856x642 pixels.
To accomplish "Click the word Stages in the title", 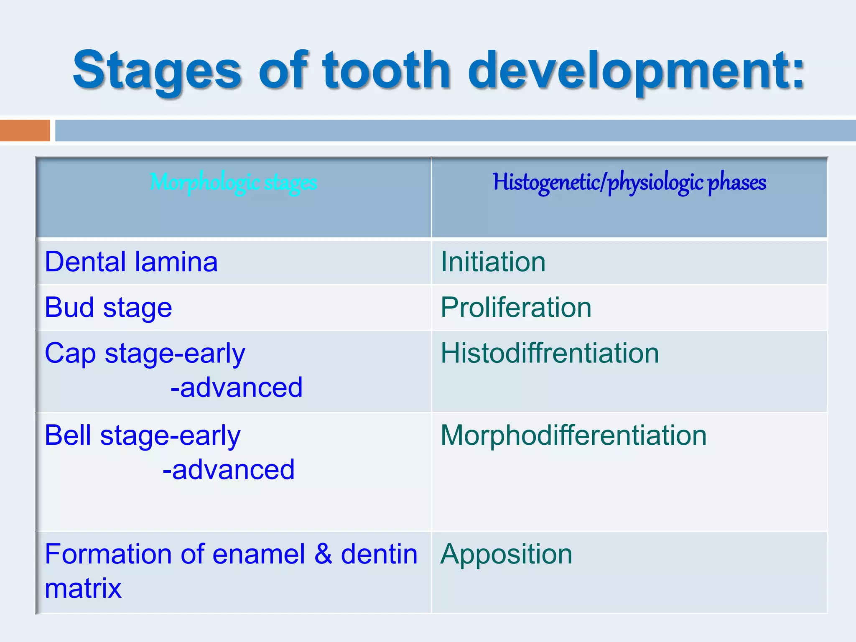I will tap(157, 71).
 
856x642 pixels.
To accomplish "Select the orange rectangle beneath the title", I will tap(25, 130).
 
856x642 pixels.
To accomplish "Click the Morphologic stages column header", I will tap(233, 183).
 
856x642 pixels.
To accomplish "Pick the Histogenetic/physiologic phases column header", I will tap(629, 183).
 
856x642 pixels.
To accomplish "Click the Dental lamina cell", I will tap(131, 262).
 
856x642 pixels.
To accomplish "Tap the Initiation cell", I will tap(493, 262).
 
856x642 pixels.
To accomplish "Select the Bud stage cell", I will tap(108, 308).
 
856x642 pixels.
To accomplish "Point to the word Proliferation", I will tap(516, 308).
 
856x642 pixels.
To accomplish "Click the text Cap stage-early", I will tap(145, 354).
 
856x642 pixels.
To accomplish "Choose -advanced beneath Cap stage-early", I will tap(236, 388).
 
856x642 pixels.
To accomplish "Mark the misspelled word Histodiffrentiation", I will tap(550, 354).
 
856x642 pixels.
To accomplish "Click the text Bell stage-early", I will tap(143, 436).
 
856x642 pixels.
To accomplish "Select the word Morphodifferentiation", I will tap(573, 436).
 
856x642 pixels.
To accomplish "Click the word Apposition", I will tap(506, 555).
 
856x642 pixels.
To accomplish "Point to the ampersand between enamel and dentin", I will tap(323, 555).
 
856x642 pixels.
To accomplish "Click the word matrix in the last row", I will tap(83, 589).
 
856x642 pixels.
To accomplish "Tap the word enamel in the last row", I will tap(259, 555).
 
